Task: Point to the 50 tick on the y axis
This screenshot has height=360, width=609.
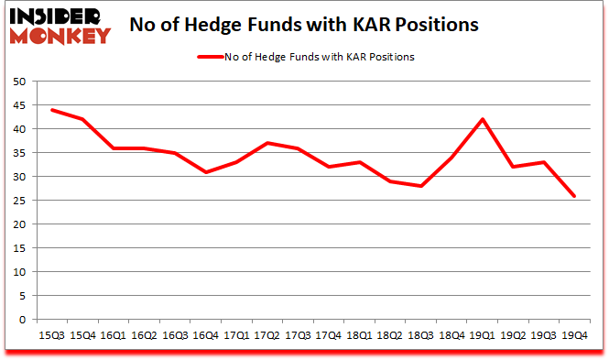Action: (x=18, y=82)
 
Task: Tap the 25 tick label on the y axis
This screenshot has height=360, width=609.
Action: (x=18, y=201)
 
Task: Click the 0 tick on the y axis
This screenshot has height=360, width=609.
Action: (x=21, y=320)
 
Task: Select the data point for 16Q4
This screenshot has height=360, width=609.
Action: (x=207, y=172)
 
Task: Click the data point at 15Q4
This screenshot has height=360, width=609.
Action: (x=82, y=119)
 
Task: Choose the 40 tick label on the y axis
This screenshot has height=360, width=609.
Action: (x=18, y=129)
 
